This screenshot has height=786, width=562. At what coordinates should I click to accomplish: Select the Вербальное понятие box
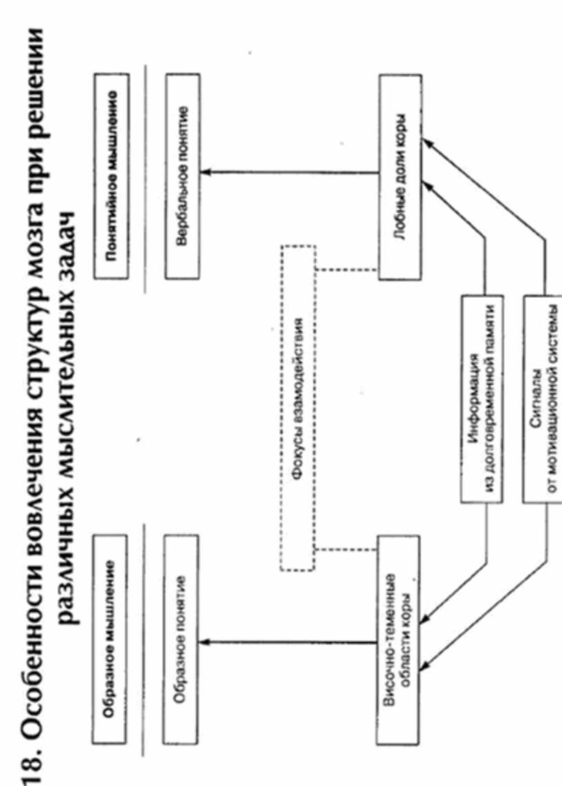pos(183,175)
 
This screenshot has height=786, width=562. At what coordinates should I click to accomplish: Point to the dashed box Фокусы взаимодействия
pos(298,407)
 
